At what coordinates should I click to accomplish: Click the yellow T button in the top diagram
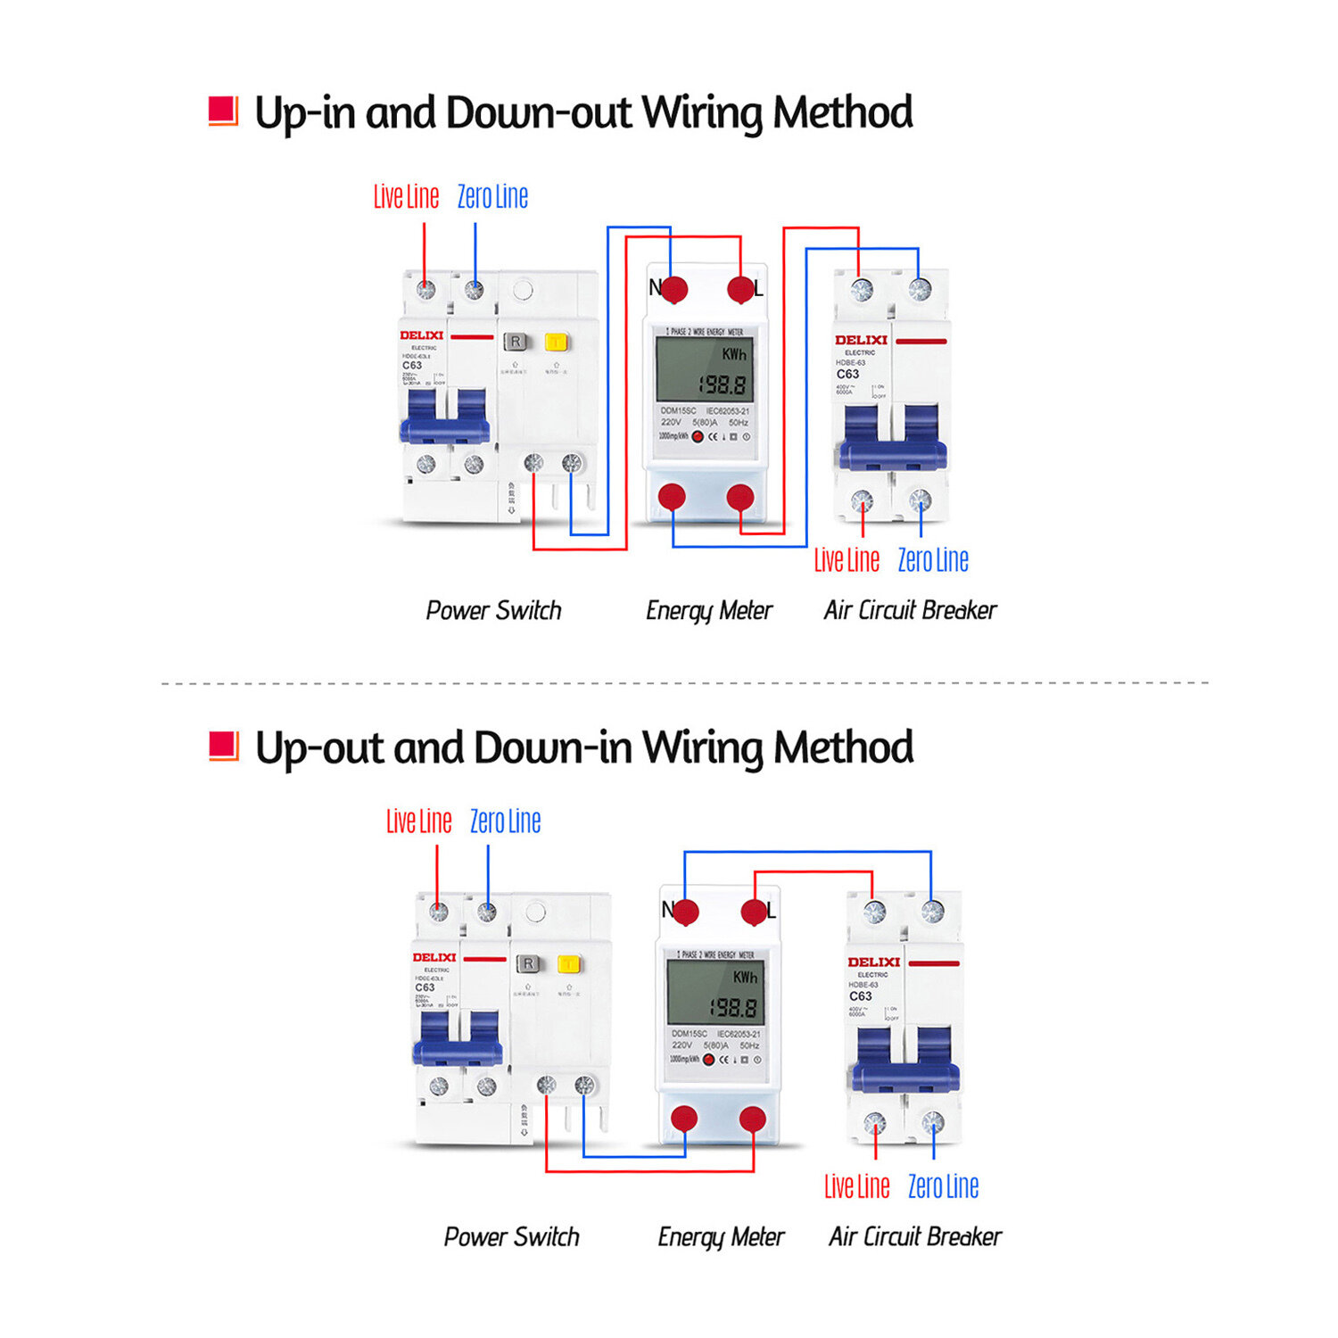[557, 343]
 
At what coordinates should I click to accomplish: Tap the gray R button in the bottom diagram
[528, 964]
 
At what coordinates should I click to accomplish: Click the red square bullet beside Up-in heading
[223, 111]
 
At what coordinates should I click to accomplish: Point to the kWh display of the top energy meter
[704, 369]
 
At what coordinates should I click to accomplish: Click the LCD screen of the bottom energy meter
[715, 993]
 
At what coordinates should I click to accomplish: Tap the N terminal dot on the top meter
[673, 289]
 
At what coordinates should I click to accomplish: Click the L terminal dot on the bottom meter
[755, 912]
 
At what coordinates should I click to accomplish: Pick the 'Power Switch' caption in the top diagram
[493, 611]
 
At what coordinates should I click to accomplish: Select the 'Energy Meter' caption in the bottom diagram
[721, 1237]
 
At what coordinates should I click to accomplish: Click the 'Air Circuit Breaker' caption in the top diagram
[910, 611]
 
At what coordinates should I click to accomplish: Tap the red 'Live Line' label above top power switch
[406, 197]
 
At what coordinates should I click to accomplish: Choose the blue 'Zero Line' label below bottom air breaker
[943, 1187]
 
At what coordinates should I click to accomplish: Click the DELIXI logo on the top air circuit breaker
[861, 340]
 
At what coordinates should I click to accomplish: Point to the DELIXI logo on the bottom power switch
[434, 958]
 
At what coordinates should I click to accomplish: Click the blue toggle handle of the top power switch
[444, 419]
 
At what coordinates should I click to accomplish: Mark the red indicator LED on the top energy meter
[698, 437]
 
